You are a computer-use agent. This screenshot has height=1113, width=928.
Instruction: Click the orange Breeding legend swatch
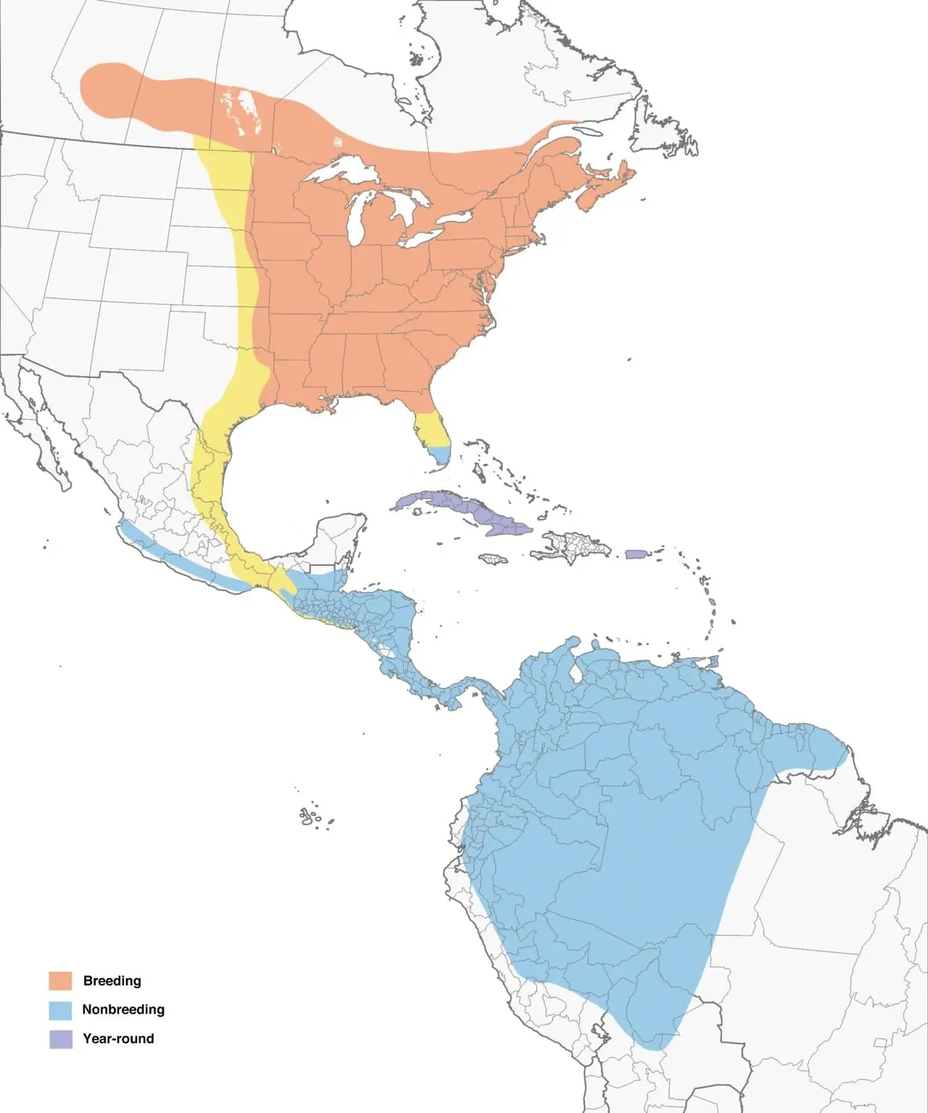[x=60, y=980]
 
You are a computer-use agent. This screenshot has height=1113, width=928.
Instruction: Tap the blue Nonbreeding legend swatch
[x=60, y=1009]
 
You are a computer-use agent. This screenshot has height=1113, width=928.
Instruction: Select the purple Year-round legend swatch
[x=60, y=1038]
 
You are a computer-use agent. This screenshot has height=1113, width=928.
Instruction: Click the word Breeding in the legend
[x=112, y=980]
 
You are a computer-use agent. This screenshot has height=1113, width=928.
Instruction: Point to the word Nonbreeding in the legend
[x=123, y=1009]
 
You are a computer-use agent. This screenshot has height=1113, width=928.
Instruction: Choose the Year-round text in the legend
[x=118, y=1038]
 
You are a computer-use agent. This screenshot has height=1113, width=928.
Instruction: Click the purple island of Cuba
[x=464, y=507]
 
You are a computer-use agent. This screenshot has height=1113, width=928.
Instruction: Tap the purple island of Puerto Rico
[x=635, y=554]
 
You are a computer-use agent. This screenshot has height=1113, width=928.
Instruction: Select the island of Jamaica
[x=492, y=559]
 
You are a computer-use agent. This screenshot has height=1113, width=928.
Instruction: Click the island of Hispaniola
[x=573, y=545]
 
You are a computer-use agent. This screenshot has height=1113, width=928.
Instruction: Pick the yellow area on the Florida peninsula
[x=428, y=429]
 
